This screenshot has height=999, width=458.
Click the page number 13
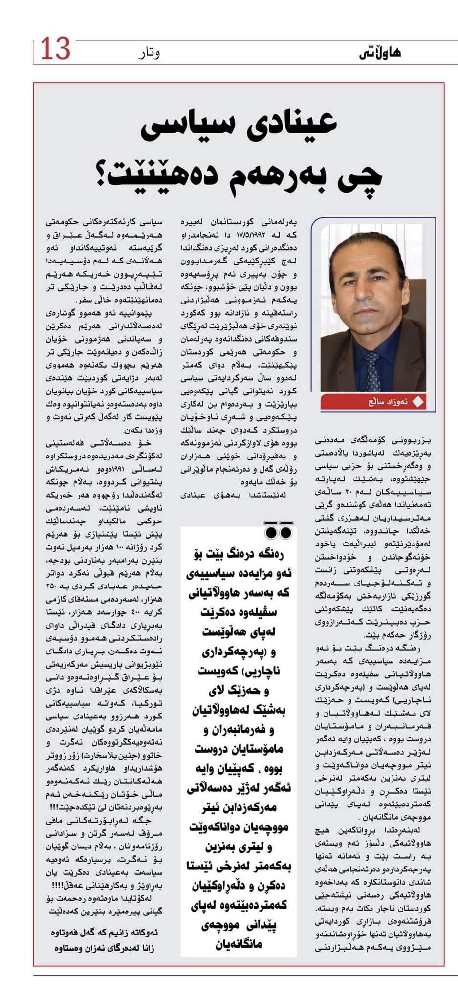[55, 48]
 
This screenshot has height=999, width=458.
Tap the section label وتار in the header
[150, 52]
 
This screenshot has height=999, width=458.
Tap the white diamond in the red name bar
[418, 402]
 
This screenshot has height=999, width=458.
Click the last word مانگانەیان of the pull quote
[239, 944]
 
